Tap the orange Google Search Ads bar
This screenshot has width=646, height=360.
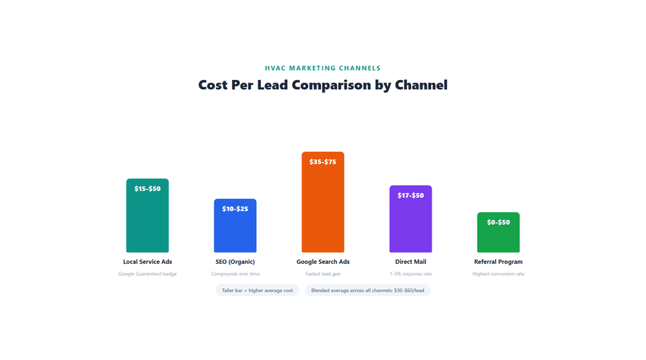[x=323, y=209]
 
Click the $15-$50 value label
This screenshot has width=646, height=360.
[x=147, y=189]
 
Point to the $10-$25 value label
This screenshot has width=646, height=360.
[x=235, y=209]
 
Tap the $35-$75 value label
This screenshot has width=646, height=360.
[x=323, y=162]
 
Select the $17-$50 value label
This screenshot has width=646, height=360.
[x=410, y=195]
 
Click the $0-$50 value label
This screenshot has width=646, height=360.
[x=498, y=223]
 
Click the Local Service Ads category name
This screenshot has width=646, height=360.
[x=147, y=262]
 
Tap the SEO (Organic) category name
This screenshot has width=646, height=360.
[x=235, y=262]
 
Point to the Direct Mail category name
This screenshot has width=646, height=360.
[x=410, y=262]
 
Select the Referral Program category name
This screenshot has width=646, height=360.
[x=498, y=262]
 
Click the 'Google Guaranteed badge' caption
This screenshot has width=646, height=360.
[x=147, y=274]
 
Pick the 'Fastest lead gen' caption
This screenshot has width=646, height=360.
[x=323, y=274]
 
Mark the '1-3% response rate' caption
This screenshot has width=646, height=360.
[x=410, y=274]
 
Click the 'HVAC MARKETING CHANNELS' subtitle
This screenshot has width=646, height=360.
[x=323, y=69]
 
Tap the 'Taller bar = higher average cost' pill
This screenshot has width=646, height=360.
[x=257, y=291]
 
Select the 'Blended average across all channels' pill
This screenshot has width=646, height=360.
[x=367, y=291]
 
